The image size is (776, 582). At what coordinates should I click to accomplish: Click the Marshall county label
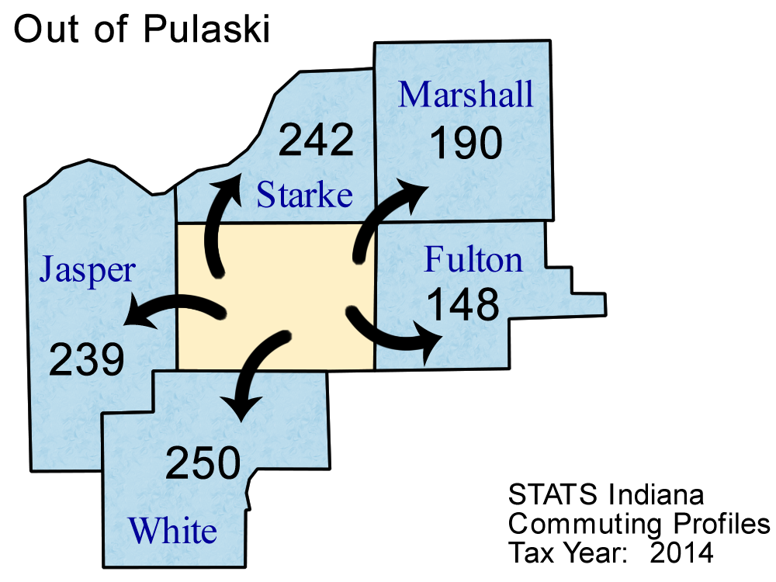pos(466,95)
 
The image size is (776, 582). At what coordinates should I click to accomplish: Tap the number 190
pos(466,143)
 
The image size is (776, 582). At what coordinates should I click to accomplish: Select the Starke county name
pos(304,195)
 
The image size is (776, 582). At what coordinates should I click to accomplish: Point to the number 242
pos(316,140)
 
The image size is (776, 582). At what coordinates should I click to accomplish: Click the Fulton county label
pos(473,260)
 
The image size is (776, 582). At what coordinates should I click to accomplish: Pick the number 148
pos(463,305)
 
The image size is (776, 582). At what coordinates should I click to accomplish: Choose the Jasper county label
pos(88,271)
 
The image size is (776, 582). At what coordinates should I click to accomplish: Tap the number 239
pos(87,360)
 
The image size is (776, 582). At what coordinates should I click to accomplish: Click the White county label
pos(172,532)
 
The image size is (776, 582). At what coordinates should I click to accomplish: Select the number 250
pos(203,464)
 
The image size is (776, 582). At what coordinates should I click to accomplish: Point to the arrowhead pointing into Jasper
pos(133,316)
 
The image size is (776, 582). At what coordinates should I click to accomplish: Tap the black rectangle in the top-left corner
pos(154,30)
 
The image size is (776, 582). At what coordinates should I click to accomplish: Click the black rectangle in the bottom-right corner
pos(621,522)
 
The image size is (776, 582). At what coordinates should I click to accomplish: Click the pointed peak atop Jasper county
pos(87,163)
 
